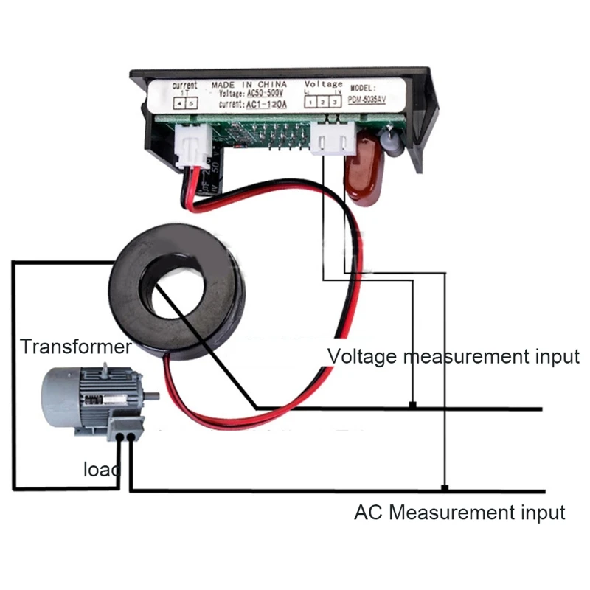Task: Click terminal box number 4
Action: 179,104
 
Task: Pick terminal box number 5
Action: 192,104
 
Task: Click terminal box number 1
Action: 311,102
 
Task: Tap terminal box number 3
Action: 335,102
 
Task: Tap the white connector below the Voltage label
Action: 329,139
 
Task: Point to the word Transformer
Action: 76,347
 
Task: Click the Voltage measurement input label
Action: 453,357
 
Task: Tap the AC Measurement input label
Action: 459,512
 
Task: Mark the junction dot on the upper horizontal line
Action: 414,405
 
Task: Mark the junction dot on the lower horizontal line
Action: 445,487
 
